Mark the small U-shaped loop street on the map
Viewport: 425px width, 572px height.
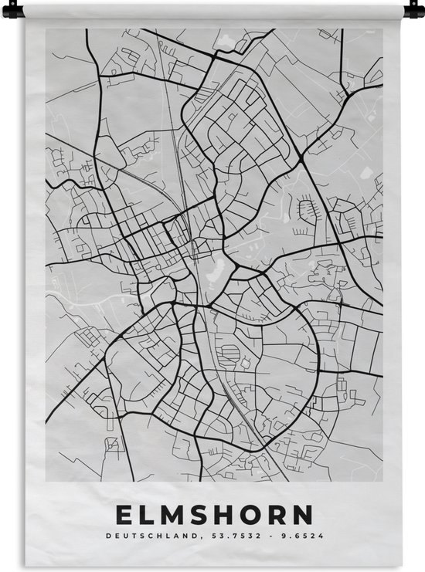[x=308, y=208]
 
